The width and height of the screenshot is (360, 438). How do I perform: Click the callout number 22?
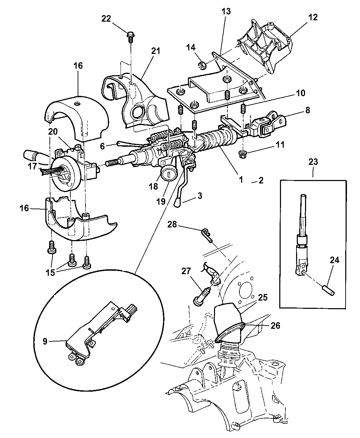[x=106, y=19]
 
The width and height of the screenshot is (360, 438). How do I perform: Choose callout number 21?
[x=156, y=51]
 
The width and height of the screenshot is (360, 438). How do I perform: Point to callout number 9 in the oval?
[x=54, y=341]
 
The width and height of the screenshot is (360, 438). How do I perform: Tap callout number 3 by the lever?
[x=200, y=195]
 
